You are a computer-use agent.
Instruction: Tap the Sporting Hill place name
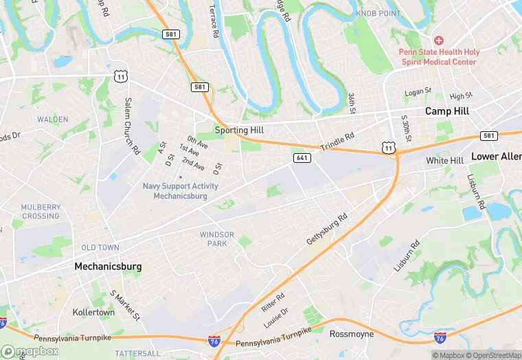pyautogui.click(x=240, y=129)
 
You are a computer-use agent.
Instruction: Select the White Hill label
pyautogui.click(x=444, y=161)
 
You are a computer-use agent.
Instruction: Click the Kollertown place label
pyautogui.click(x=93, y=312)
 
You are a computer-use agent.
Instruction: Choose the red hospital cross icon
pyautogui.click(x=438, y=41)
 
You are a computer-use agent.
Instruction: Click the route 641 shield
pyautogui.click(x=302, y=158)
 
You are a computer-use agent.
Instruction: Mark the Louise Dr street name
pyautogui.click(x=280, y=317)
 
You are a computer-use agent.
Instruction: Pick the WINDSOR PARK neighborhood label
pyautogui.click(x=217, y=239)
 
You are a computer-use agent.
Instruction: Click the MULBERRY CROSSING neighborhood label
pyautogui.click(x=41, y=212)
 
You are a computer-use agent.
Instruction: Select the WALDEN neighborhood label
pyautogui.click(x=53, y=119)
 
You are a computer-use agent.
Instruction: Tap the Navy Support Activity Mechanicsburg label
pyautogui.click(x=180, y=191)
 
